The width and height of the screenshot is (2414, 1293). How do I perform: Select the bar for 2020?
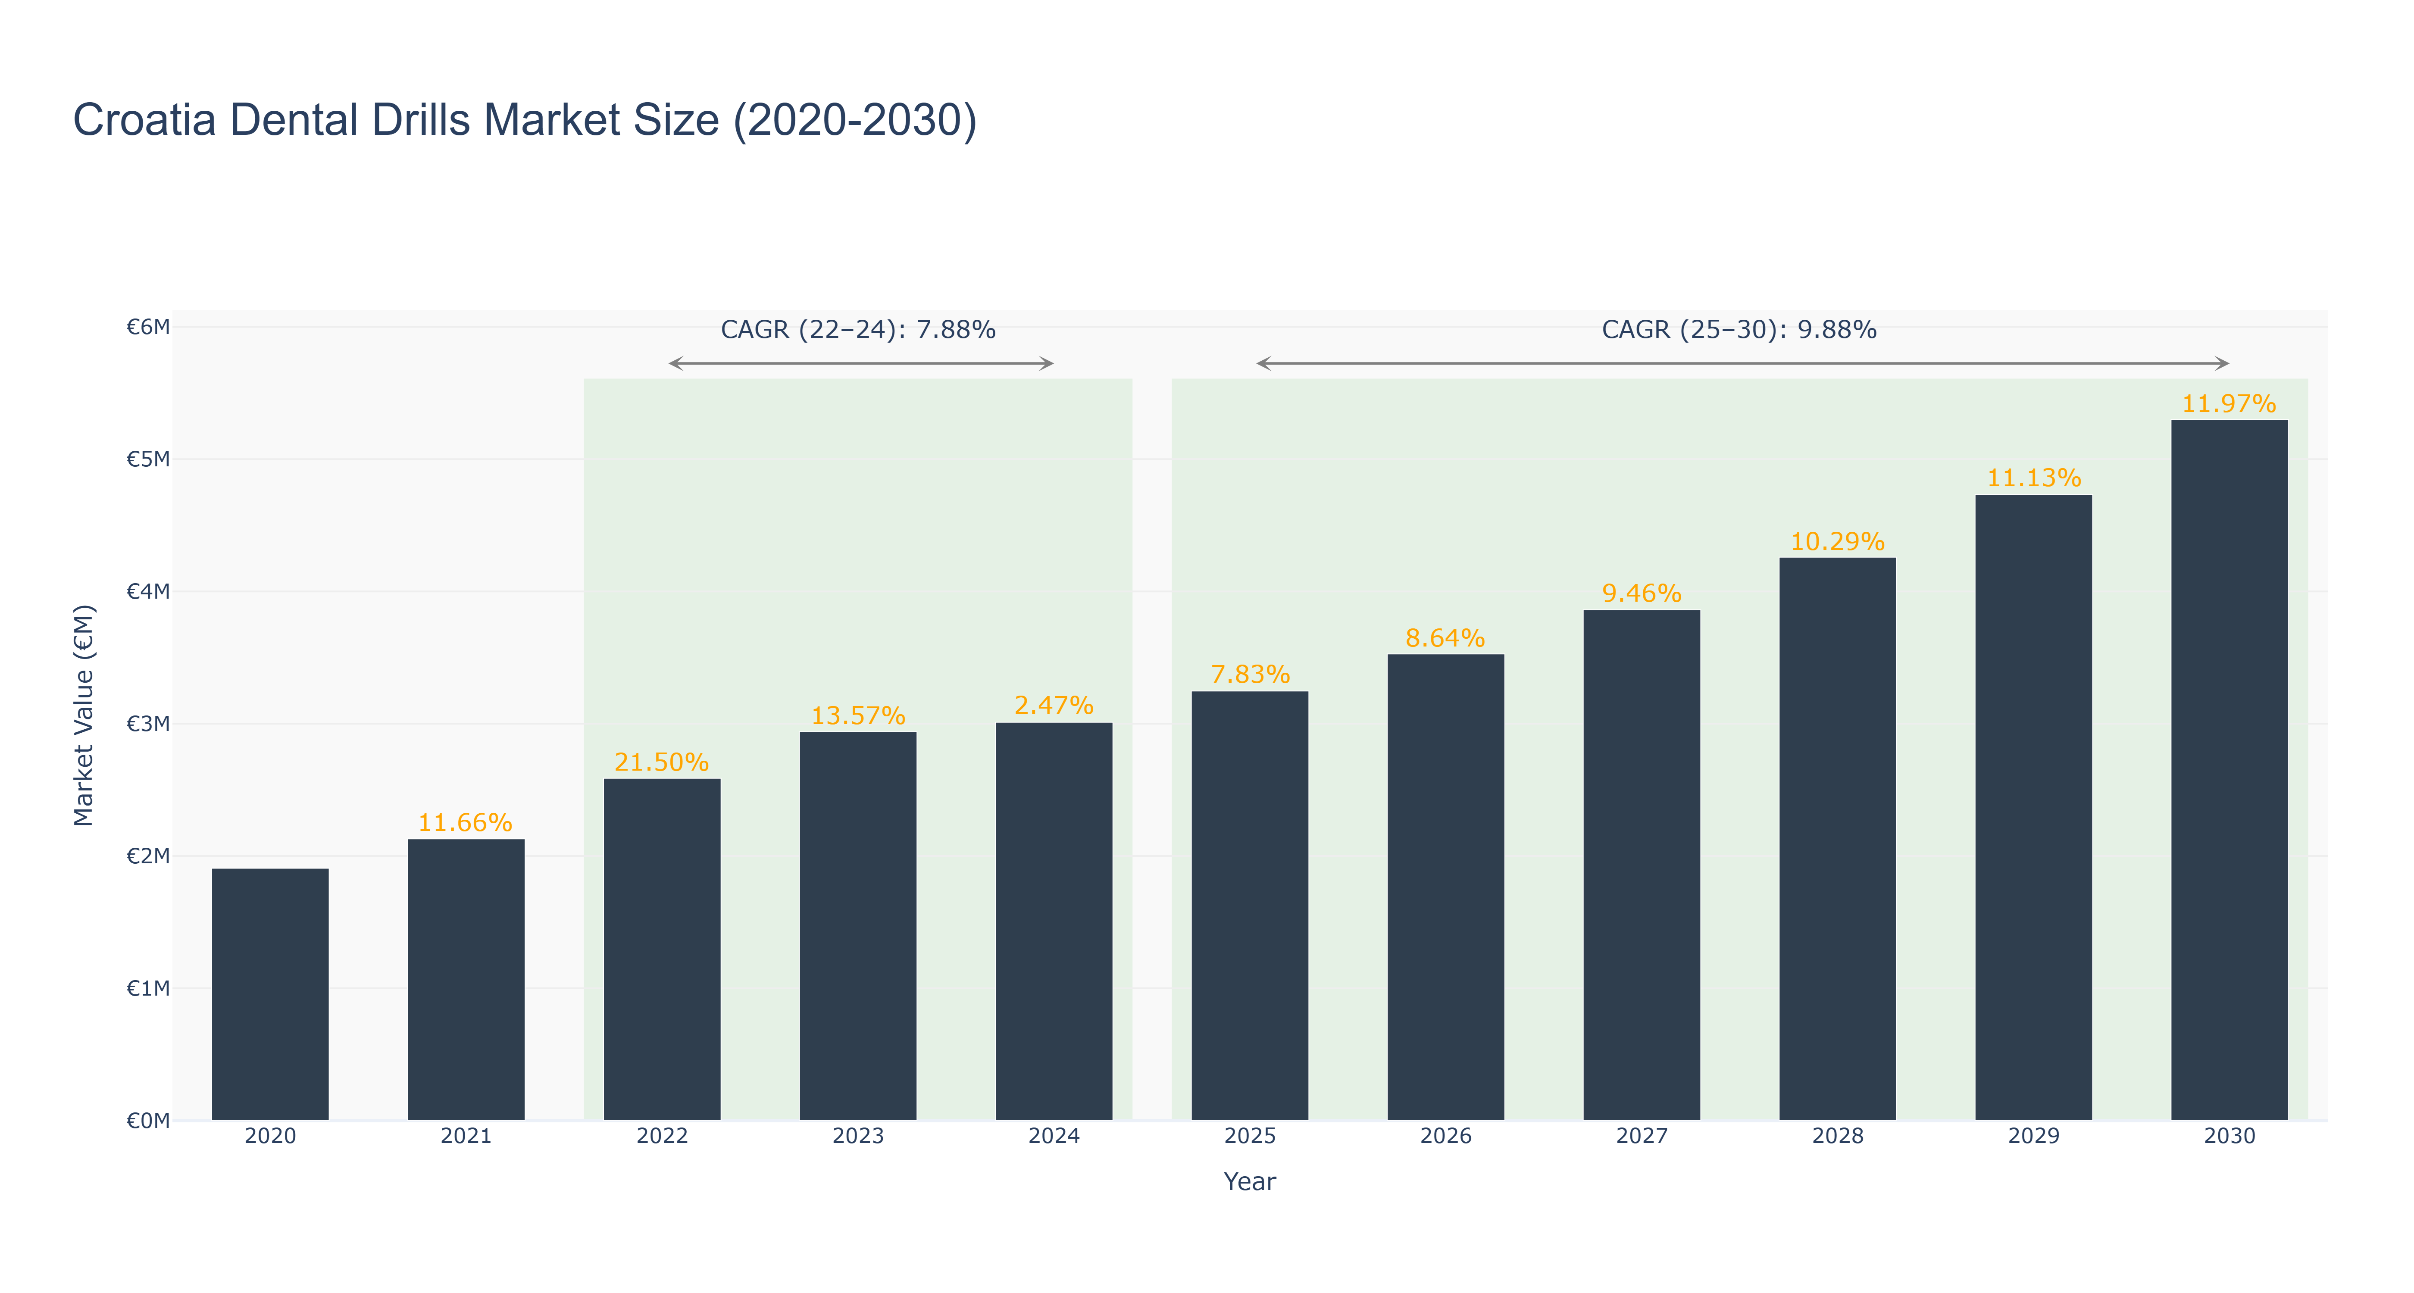pyautogui.click(x=270, y=994)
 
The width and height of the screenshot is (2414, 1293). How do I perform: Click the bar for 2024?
pyautogui.click(x=1054, y=921)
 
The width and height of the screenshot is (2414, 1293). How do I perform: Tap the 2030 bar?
pyautogui.click(x=2230, y=770)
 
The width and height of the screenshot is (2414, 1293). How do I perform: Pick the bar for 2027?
pyautogui.click(x=1642, y=865)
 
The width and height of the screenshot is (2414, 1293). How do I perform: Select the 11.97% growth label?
pyautogui.click(x=2230, y=404)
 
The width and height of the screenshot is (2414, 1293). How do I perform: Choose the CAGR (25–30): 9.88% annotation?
pyautogui.click(x=1739, y=330)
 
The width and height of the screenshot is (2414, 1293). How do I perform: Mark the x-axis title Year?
pyautogui.click(x=1250, y=1181)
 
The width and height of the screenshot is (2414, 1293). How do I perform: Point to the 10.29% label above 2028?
pyautogui.click(x=1838, y=542)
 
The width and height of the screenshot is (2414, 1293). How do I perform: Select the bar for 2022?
pyautogui.click(x=662, y=949)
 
